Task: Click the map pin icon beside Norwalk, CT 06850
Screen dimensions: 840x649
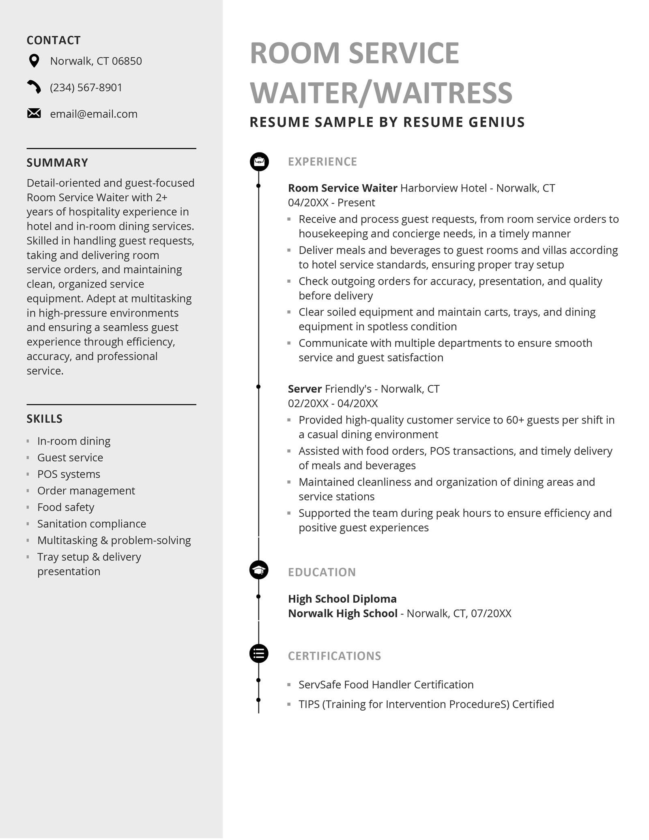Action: pyautogui.click(x=34, y=61)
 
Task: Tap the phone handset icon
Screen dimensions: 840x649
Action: pyautogui.click(x=34, y=87)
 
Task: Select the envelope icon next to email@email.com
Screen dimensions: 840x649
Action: pyautogui.click(x=34, y=114)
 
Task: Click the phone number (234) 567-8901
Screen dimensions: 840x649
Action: pyautogui.click(x=86, y=88)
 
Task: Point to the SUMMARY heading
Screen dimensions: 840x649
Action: pyautogui.click(x=57, y=163)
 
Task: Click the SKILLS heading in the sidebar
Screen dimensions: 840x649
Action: pyautogui.click(x=45, y=419)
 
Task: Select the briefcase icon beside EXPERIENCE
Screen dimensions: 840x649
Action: pyautogui.click(x=259, y=161)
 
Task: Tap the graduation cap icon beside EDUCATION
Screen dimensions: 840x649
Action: pyautogui.click(x=259, y=570)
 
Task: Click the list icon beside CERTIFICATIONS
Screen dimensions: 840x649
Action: pyautogui.click(x=259, y=653)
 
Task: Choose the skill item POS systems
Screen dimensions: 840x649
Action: pyautogui.click(x=69, y=474)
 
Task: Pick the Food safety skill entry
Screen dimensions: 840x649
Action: pyautogui.click(x=66, y=507)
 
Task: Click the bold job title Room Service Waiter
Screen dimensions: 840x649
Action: pyautogui.click(x=342, y=188)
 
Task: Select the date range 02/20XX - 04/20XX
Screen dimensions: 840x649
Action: pyautogui.click(x=333, y=404)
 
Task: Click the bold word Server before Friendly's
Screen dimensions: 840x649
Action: pyautogui.click(x=305, y=389)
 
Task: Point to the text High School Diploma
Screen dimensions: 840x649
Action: pyautogui.click(x=342, y=599)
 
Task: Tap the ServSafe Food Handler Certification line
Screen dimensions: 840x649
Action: pyautogui.click(x=386, y=685)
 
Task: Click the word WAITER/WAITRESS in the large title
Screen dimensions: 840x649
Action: pyautogui.click(x=381, y=92)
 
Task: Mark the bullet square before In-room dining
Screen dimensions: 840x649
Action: pyautogui.click(x=28, y=441)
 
